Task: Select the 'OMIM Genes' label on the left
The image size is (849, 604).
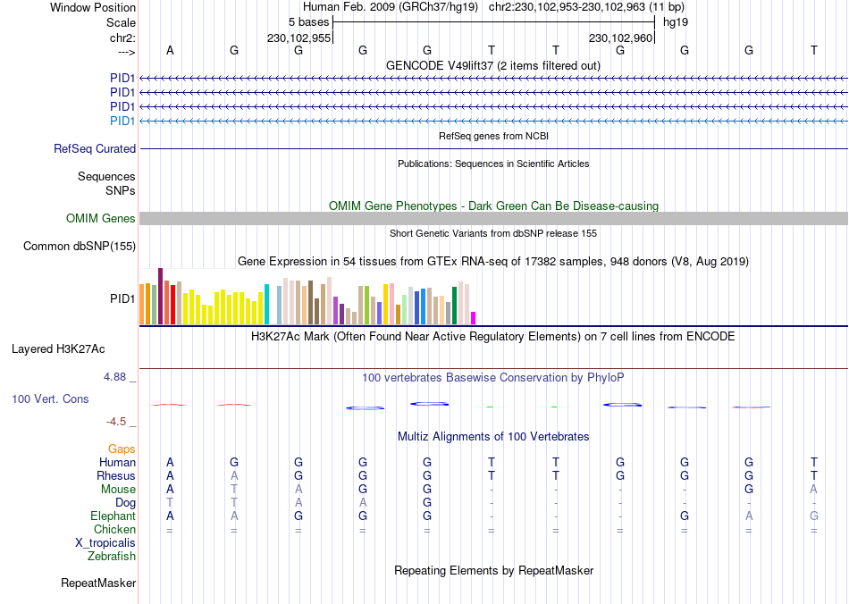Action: click(101, 219)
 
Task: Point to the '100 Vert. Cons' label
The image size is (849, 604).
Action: click(50, 398)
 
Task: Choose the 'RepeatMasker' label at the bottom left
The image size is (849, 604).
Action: click(98, 583)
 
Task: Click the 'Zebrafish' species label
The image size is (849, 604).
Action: click(112, 557)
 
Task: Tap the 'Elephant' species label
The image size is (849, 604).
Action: click(113, 516)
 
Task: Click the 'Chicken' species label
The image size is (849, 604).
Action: click(114, 530)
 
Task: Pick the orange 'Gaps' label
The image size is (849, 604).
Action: click(122, 449)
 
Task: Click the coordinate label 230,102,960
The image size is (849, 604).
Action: click(620, 38)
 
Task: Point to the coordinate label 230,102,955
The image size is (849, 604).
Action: click(299, 38)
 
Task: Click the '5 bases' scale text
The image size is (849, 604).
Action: click(309, 21)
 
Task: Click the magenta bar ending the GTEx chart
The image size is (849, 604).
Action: click(474, 317)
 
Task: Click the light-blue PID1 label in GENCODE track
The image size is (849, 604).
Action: click(122, 121)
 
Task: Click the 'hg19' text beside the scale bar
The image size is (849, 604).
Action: click(675, 21)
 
